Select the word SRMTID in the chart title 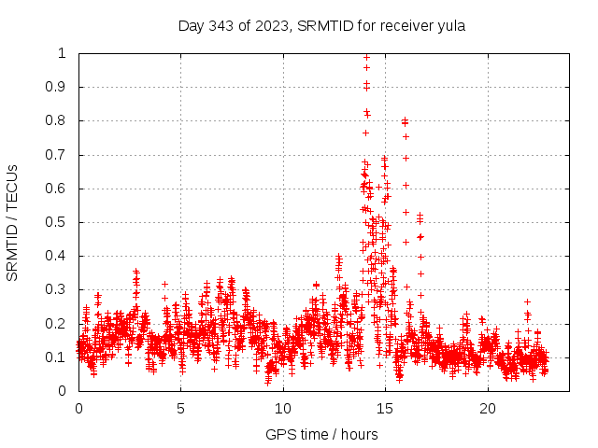coord(320,26)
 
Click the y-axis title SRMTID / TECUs coord(13,222)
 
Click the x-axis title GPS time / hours coord(321,434)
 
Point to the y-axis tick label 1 coord(63,53)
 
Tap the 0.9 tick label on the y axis coord(56,87)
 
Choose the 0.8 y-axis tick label coord(56,120)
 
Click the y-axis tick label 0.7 coord(56,155)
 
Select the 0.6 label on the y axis coord(56,189)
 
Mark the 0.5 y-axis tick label coord(56,222)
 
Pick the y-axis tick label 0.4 coord(56,256)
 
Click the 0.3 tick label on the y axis coord(56,289)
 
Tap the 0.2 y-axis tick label coord(56,324)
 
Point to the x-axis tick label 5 coord(180,408)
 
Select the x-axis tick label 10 coord(283,408)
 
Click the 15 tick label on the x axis coord(385,408)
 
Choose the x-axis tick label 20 coord(488,408)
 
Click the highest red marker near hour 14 coord(366,56)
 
